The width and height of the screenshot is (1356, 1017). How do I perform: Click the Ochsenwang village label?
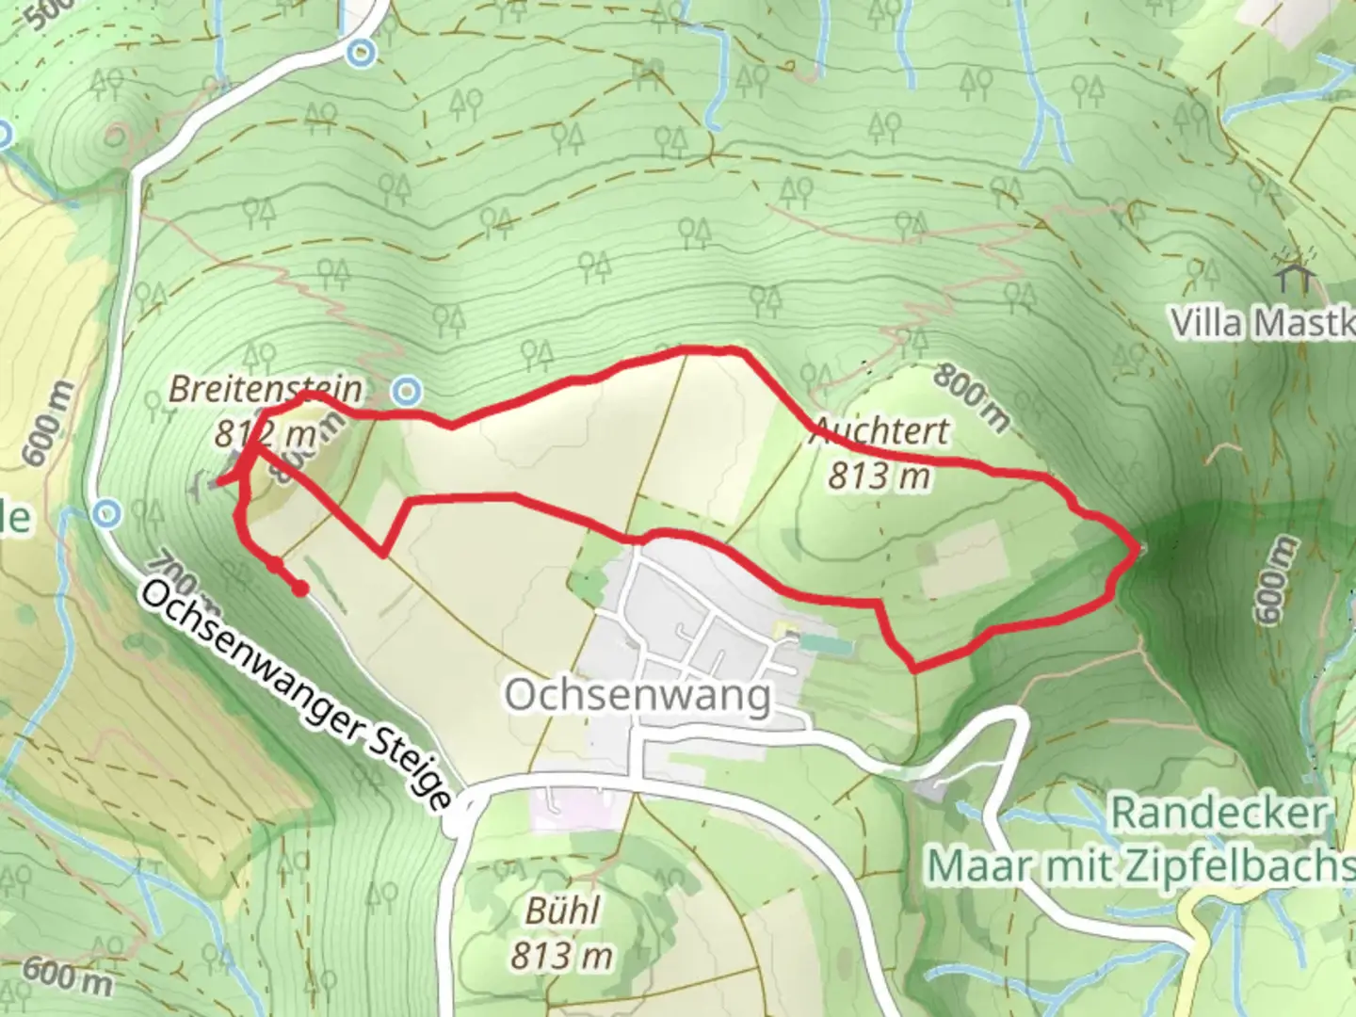[638, 696]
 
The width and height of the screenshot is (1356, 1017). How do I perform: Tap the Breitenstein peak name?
[266, 389]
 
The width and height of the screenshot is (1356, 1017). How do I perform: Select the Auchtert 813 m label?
[880, 453]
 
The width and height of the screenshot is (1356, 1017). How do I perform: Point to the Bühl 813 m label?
[562, 934]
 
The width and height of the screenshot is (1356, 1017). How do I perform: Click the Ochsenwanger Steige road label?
[297, 693]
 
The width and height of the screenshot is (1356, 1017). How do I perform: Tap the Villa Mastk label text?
[1262, 323]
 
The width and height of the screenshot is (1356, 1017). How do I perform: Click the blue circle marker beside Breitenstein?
[407, 389]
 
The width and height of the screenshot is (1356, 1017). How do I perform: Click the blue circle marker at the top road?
[361, 53]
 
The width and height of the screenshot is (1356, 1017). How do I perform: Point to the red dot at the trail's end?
[299, 589]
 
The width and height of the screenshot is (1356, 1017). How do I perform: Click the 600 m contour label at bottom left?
[66, 976]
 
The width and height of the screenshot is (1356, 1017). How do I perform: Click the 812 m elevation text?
[264, 434]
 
